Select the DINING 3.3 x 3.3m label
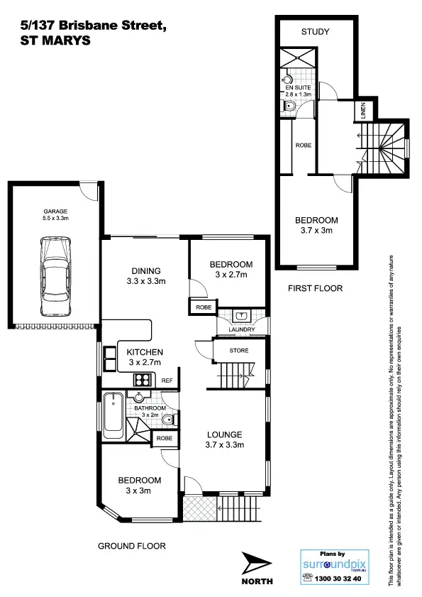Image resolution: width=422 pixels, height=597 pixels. coord(146,275)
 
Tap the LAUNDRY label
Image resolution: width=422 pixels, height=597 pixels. coord(242,329)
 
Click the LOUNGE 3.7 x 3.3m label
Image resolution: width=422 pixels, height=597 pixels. coord(225,439)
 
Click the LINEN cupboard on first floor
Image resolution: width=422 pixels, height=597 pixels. coord(362,111)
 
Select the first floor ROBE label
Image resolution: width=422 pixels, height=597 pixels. coord(302,146)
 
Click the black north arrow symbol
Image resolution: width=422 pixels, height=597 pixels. coord(256,564)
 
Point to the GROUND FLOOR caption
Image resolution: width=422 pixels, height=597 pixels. coord(131,546)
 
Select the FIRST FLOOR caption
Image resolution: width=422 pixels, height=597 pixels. coord(315,289)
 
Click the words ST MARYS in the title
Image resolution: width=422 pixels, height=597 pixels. coord(45,40)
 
